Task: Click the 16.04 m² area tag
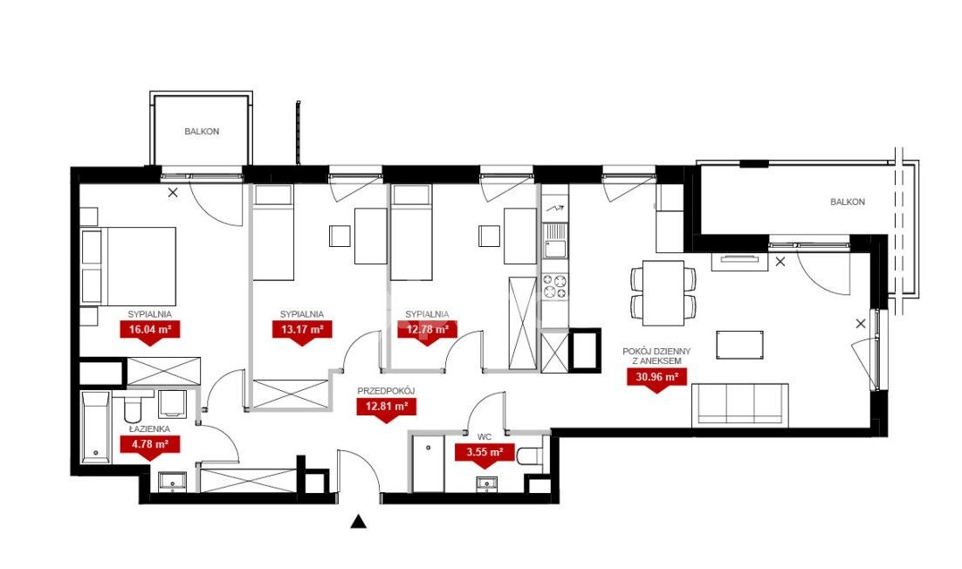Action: (x=149, y=330)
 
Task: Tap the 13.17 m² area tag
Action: (x=302, y=330)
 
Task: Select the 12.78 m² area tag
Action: (x=427, y=330)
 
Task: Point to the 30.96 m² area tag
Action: (x=656, y=377)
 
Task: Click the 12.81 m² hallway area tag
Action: (x=387, y=406)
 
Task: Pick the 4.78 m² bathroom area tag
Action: (x=149, y=443)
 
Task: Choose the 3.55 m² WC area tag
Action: (x=484, y=453)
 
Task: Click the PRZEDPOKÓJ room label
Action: (x=387, y=391)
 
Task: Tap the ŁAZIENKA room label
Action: (x=149, y=429)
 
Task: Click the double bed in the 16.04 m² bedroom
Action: (x=129, y=266)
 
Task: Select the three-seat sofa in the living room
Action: (x=740, y=405)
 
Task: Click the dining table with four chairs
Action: (x=663, y=293)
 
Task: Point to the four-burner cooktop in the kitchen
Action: (x=554, y=287)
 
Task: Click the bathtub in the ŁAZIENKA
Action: (x=96, y=427)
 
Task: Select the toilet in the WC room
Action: (x=530, y=456)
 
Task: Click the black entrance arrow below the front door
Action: (x=358, y=522)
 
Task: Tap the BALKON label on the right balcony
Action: (x=848, y=202)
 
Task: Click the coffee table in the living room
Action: (x=740, y=346)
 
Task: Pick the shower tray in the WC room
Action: (x=428, y=463)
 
